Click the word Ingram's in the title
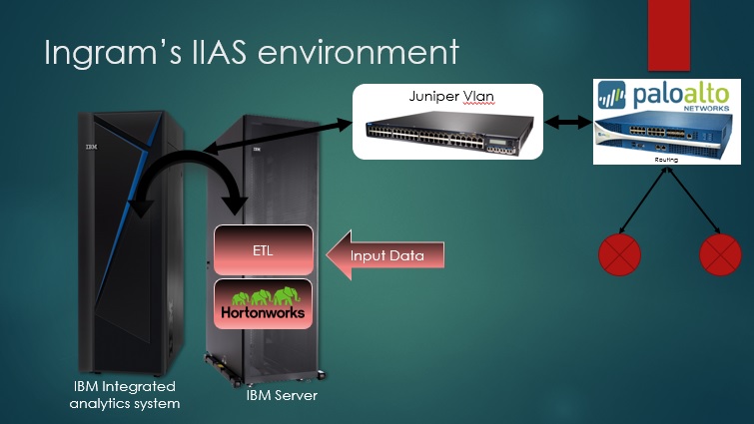coord(113,52)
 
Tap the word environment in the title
coord(359,52)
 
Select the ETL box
coord(263,250)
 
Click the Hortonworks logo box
coord(263,304)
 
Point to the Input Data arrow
coord(385,255)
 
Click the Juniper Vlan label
coord(451,96)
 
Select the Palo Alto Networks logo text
coord(680,96)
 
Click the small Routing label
coord(666,160)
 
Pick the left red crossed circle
coord(619,254)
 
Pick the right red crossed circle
coord(720,254)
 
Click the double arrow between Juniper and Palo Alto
coord(568,123)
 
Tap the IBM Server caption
coord(282,396)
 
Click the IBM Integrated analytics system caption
coord(125,395)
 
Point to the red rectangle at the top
coord(669,35)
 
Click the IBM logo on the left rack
coord(91,146)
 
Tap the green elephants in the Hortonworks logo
coord(266,296)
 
